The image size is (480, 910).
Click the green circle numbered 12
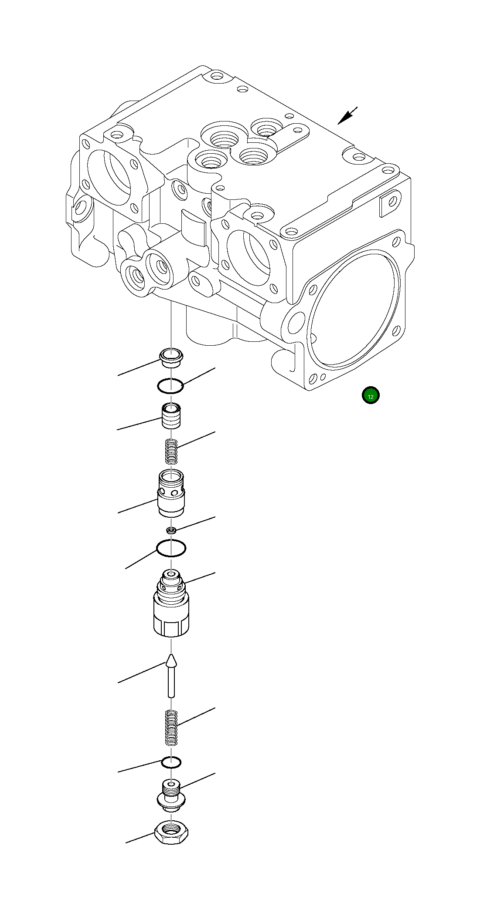pyautogui.click(x=371, y=395)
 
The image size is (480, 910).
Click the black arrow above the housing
pyautogui.click(x=347, y=116)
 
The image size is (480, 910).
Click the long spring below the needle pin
pyautogui.click(x=171, y=728)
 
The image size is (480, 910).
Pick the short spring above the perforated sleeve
pyautogui.click(x=172, y=452)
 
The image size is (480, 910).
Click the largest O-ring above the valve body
pyautogui.click(x=171, y=548)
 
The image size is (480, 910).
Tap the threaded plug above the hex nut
pyautogui.click(x=171, y=795)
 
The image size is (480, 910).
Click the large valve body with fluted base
pyautogui.click(x=171, y=610)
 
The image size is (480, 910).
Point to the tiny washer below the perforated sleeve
pyautogui.click(x=171, y=530)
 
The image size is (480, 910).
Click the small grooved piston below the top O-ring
pyautogui.click(x=171, y=416)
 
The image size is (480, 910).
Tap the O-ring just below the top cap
pyautogui.click(x=170, y=386)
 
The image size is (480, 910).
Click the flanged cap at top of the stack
pyautogui.click(x=171, y=357)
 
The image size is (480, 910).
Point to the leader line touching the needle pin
pyautogui.click(x=142, y=673)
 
